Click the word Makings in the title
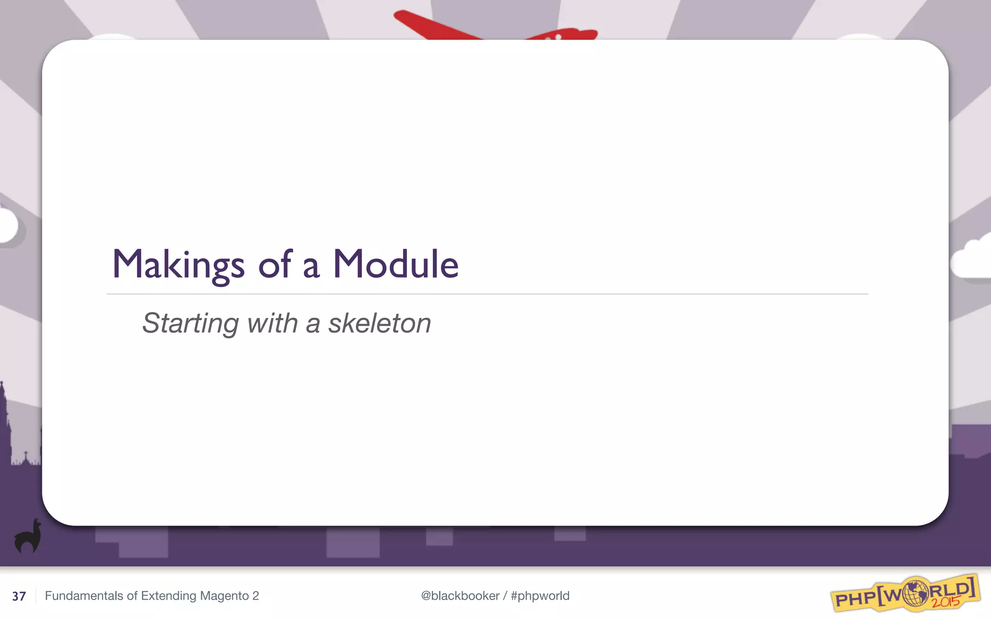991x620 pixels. coord(178,265)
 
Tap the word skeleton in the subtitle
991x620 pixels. coord(379,323)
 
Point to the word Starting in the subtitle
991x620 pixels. coord(190,324)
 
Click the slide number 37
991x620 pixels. coord(19,596)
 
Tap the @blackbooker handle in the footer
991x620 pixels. coord(460,596)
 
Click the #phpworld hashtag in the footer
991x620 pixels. coord(540,596)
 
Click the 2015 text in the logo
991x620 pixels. coord(946,602)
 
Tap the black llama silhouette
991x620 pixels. coord(28,537)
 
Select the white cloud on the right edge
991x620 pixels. coord(973,262)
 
